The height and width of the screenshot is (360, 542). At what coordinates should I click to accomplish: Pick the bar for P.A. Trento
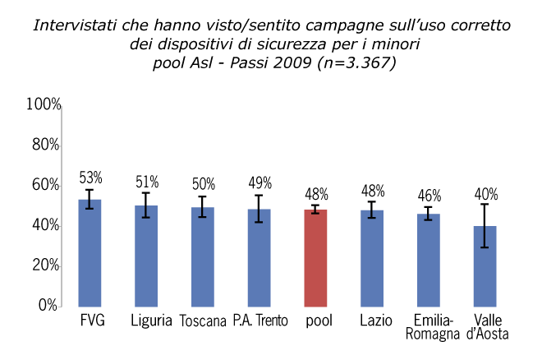pos(260,257)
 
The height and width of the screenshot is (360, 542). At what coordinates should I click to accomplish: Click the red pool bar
pos(316,257)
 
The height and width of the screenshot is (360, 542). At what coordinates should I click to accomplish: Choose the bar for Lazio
pos(372,258)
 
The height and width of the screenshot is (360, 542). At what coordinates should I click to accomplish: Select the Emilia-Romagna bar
pos(429,260)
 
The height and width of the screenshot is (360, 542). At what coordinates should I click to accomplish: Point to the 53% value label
pos(90,178)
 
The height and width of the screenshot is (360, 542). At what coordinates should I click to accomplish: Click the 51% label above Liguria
pos(147,182)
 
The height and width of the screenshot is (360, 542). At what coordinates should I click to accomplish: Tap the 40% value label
pos(486,195)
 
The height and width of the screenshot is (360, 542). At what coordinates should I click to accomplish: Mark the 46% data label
pos(429,196)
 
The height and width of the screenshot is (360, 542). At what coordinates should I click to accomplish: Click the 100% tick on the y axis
pos(44,104)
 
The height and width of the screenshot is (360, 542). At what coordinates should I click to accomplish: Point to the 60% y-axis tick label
pos(46,185)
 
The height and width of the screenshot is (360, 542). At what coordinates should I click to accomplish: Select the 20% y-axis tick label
pos(46,265)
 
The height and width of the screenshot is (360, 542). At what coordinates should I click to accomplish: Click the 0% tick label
pos(49,306)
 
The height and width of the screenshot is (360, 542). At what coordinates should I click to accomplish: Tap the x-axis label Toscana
pos(203,321)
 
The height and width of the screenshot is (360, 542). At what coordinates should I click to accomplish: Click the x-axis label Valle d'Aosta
pos(485,326)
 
